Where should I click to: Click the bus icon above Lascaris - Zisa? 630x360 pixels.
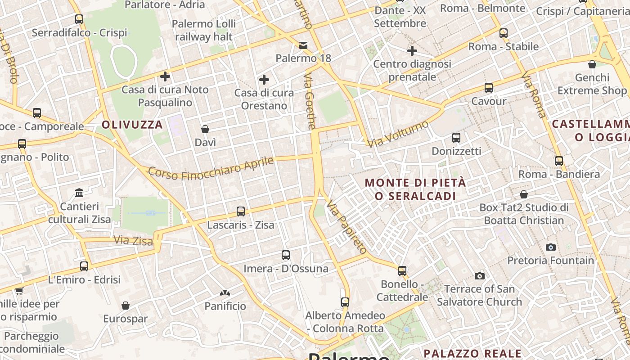click(x=241, y=211)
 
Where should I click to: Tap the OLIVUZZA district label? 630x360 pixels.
click(x=132, y=125)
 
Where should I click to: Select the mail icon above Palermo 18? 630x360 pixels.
click(x=303, y=45)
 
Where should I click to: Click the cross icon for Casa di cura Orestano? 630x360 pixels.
click(x=264, y=80)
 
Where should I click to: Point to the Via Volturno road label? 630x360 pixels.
click(x=398, y=134)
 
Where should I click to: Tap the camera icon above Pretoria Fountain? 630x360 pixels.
click(x=550, y=247)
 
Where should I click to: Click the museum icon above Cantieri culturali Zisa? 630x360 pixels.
click(x=80, y=193)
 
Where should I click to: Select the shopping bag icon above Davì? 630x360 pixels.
click(x=205, y=129)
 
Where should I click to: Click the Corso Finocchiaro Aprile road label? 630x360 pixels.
click(x=211, y=168)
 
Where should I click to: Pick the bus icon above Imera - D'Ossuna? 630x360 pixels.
click(x=286, y=255)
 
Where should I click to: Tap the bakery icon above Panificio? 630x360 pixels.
click(x=225, y=293)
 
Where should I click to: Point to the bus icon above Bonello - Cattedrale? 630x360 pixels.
click(x=402, y=271)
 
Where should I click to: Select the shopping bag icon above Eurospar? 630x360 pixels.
click(x=126, y=306)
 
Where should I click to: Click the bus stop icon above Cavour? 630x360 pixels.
click(x=489, y=88)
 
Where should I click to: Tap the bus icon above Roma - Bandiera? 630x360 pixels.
click(x=559, y=161)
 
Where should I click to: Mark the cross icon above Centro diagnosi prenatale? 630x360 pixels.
click(x=412, y=51)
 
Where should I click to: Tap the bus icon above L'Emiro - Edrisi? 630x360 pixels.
click(x=84, y=266)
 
